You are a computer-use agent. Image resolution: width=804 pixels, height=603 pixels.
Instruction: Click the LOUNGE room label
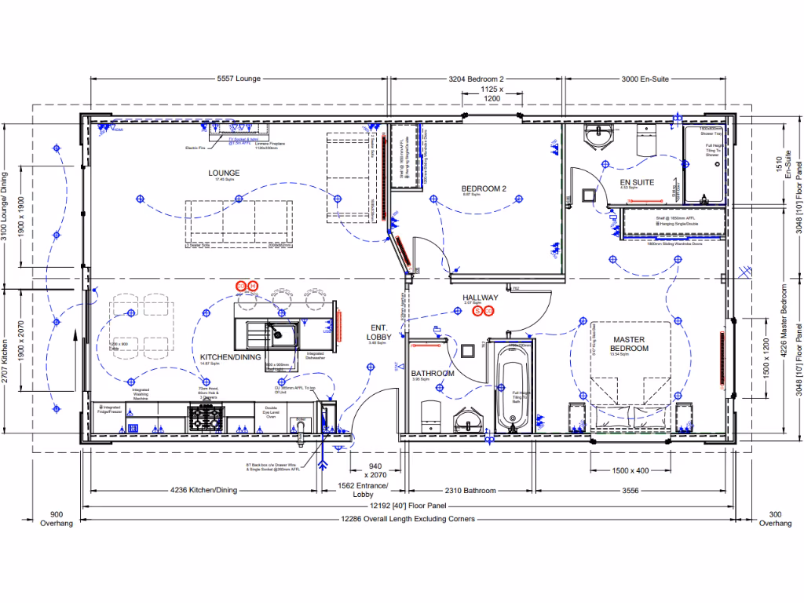click(224, 173)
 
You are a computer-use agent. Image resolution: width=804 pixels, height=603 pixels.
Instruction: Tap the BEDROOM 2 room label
click(483, 188)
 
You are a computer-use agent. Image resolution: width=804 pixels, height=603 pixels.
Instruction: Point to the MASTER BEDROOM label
click(629, 344)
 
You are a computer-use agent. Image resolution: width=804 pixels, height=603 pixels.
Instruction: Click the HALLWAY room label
click(480, 298)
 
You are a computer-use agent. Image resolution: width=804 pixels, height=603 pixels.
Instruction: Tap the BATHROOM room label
click(433, 374)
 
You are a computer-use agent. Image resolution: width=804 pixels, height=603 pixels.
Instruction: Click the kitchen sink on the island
click(280, 332)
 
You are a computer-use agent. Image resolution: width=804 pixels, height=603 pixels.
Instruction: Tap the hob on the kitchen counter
click(206, 416)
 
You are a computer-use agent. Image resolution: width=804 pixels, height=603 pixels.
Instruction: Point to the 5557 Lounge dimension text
click(238, 79)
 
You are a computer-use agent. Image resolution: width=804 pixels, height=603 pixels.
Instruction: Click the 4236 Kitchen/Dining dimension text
click(203, 491)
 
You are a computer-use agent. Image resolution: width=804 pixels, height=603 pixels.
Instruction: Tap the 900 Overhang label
click(56, 518)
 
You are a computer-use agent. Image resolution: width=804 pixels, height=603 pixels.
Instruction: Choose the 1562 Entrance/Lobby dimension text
click(363, 491)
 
